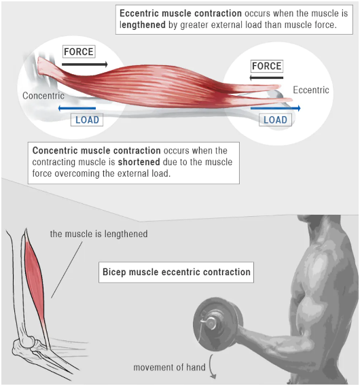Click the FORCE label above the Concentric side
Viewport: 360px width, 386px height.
tap(79, 52)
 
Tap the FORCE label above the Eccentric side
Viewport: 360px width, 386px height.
tap(267, 66)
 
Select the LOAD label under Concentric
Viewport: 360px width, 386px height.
tap(87, 120)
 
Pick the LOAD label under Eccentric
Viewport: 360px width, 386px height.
tap(275, 120)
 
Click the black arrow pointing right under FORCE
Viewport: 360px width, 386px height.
tap(85, 65)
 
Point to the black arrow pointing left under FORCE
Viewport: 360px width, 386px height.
tap(266, 78)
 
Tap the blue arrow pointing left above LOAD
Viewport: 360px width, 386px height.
tap(77, 108)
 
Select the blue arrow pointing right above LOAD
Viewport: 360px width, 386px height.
tap(276, 108)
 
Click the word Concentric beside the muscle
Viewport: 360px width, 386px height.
tap(43, 96)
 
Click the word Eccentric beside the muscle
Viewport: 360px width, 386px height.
tap(311, 90)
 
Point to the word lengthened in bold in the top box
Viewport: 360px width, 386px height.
tap(143, 25)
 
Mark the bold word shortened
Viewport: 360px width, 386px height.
tap(139, 162)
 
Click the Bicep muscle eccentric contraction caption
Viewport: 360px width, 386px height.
tap(176, 272)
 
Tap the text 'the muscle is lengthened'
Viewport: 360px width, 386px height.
tap(99, 234)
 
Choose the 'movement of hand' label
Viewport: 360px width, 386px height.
tap(169, 367)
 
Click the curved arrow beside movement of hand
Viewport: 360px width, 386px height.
tap(211, 367)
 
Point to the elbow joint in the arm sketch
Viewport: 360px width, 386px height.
tap(26, 343)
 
